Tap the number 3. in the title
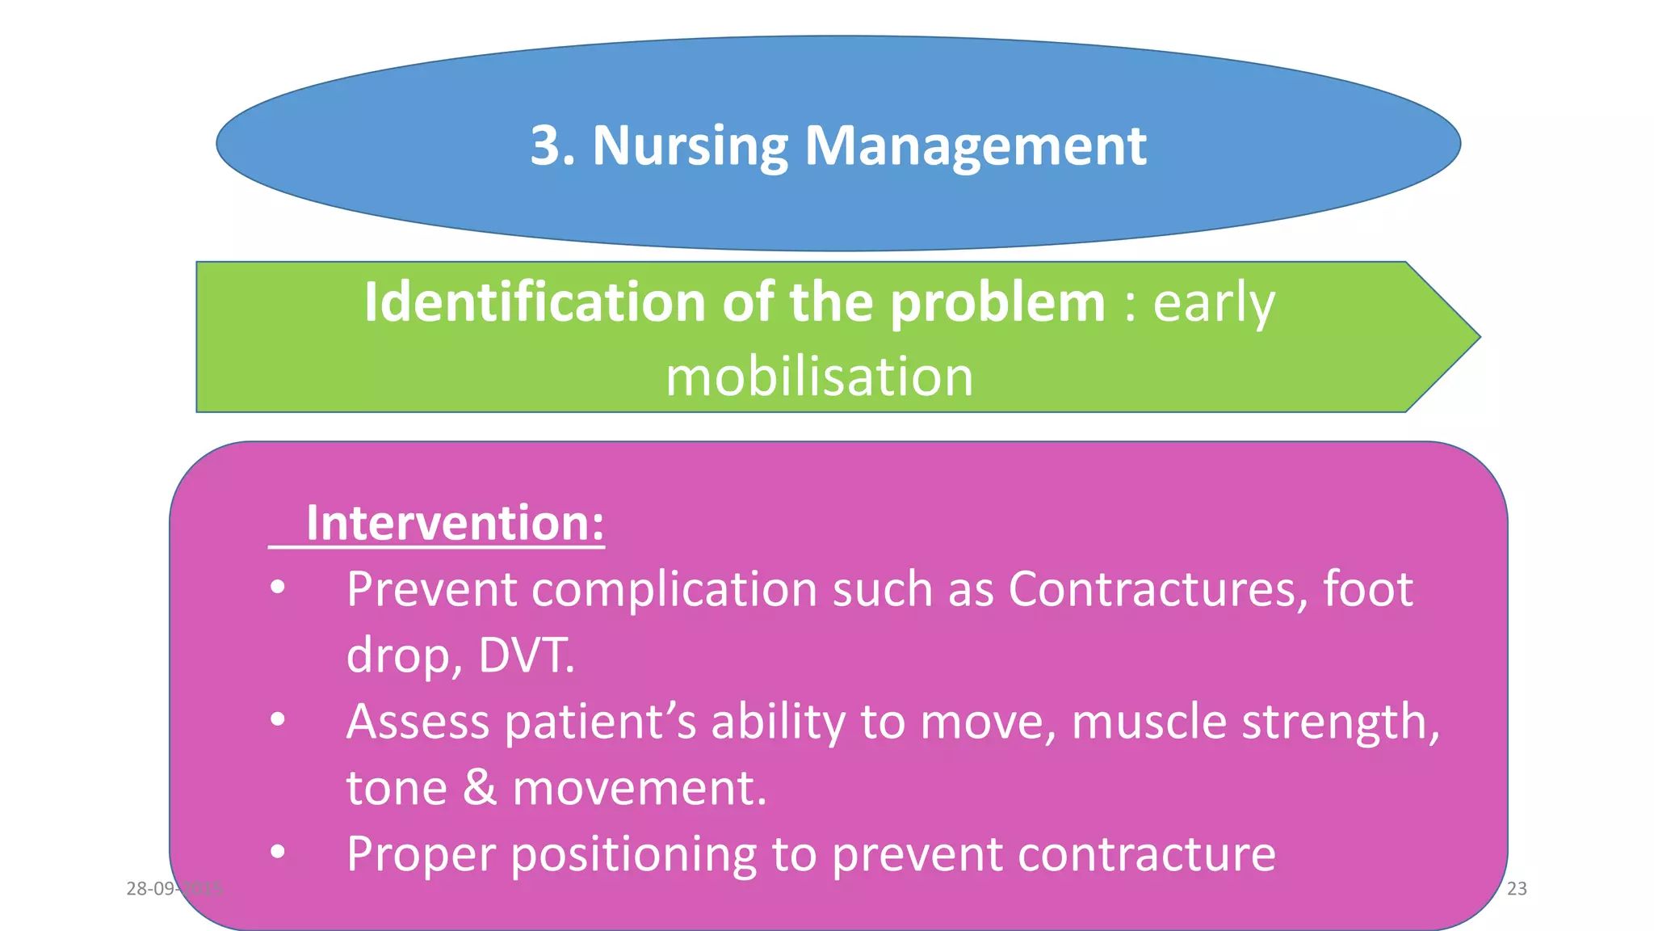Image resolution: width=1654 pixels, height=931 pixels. coord(552,146)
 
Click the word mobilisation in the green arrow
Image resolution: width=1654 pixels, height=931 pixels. coord(819,377)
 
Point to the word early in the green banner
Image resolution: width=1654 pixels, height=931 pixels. coord(1213,304)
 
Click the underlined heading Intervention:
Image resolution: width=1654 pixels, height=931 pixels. coord(454,523)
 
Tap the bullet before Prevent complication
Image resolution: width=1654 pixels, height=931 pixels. coord(278,588)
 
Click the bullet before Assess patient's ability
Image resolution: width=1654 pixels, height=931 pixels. coord(278,719)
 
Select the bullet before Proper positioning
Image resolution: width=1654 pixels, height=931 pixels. coord(278,852)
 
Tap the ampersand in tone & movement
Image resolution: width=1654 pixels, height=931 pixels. coord(480,787)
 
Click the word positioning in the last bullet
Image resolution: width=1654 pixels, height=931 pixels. coord(634,853)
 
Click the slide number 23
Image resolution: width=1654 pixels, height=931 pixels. coord(1517,888)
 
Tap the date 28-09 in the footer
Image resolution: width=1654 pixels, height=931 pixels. coord(151,888)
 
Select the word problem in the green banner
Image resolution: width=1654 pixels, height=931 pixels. coord(997,304)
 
